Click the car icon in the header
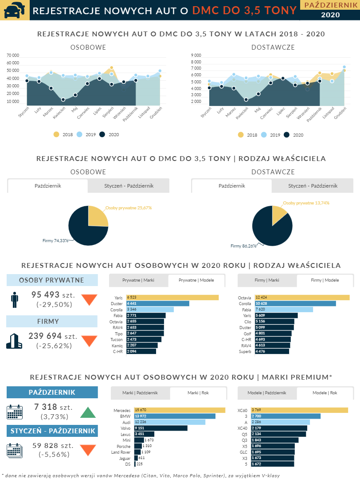pyautogui.click(x=15, y=10)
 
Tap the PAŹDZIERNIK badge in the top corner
pyautogui.click(x=330, y=5)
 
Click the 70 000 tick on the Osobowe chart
pyautogui.click(x=13, y=55)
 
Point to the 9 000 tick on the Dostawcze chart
pyautogui.click(x=196, y=55)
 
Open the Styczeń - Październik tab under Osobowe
pyautogui.click(x=129, y=186)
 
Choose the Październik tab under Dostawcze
pyautogui.click(x=231, y=186)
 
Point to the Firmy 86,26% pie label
pyautogui.click(x=243, y=246)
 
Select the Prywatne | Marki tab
pyautogui.click(x=138, y=280)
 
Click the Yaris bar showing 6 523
pyautogui.click(x=172, y=297)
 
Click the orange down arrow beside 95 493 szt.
pyautogui.click(x=89, y=300)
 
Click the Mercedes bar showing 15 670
pyautogui.click(x=180, y=410)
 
